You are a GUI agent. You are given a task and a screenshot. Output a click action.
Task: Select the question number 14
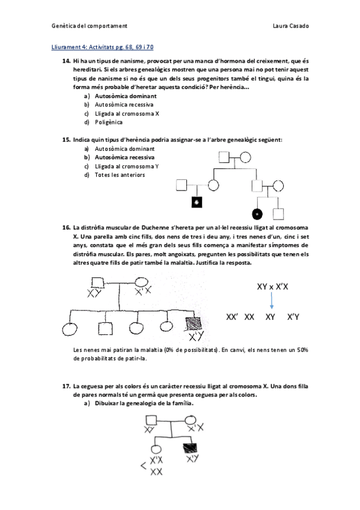point(66,62)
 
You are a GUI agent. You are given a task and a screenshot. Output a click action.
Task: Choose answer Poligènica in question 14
point(109,122)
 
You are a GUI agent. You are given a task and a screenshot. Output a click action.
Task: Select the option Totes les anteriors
point(120,175)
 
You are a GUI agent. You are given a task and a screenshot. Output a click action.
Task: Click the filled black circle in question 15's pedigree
point(257,214)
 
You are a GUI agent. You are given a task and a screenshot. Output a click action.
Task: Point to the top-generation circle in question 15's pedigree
point(245,159)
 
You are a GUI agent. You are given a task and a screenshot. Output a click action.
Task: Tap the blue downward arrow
point(271,303)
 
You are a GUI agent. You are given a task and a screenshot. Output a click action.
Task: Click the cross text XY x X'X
point(272,287)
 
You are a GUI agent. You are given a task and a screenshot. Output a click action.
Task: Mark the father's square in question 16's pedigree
point(96,283)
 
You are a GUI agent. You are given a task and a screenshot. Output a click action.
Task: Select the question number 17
point(66,385)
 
